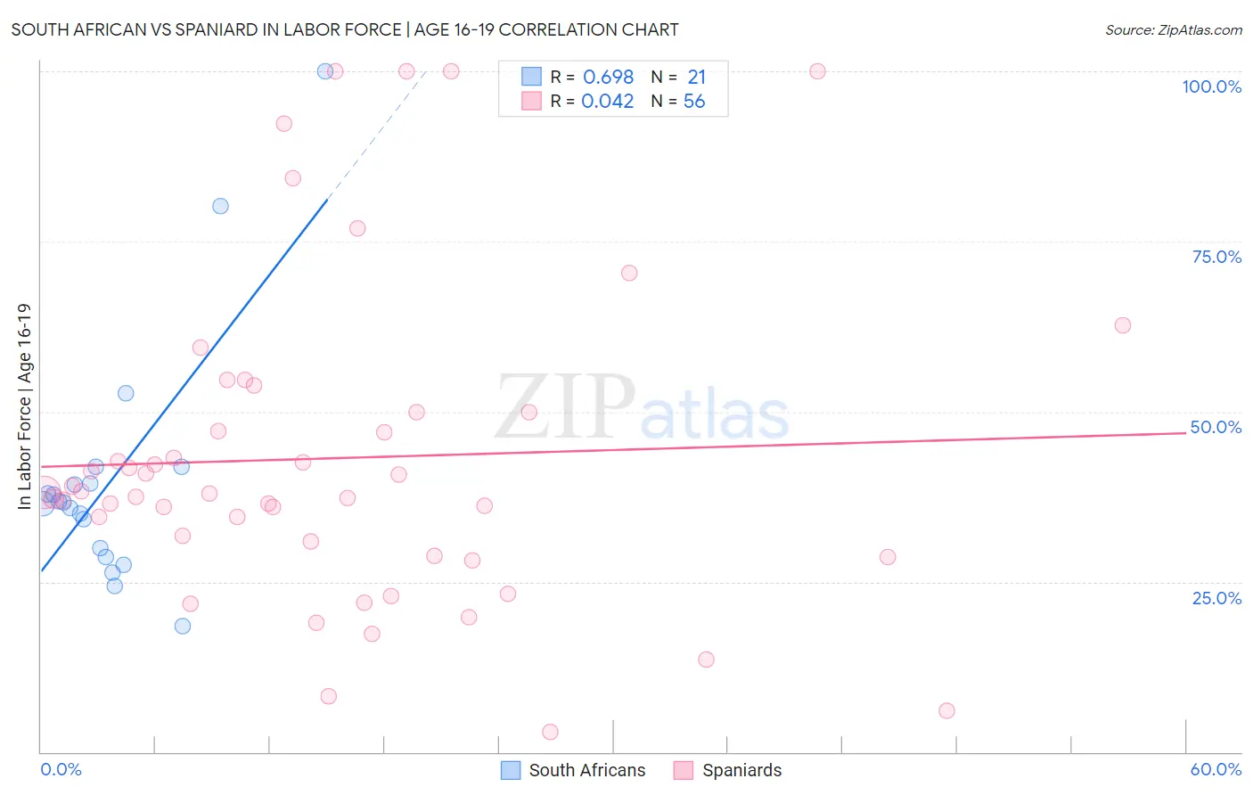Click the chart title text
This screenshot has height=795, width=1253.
pyautogui.click(x=345, y=29)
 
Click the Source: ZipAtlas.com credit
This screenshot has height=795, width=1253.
pyautogui.click(x=1173, y=29)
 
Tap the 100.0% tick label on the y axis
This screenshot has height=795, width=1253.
pyautogui.click(x=1211, y=86)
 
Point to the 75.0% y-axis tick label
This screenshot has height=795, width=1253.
pyautogui.click(x=1216, y=257)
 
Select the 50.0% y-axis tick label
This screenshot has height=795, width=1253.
pyautogui.click(x=1216, y=427)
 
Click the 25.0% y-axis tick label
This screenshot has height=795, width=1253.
pyautogui.click(x=1216, y=598)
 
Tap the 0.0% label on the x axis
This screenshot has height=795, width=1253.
pyautogui.click(x=61, y=769)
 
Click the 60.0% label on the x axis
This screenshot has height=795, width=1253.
pyautogui.click(x=1216, y=769)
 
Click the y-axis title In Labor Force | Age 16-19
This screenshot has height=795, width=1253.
pyautogui.click(x=24, y=406)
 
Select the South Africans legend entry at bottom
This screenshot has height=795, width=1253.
pyautogui.click(x=573, y=770)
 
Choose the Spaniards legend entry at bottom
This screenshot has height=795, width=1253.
pyautogui.click(x=728, y=770)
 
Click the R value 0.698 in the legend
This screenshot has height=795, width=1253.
pyautogui.click(x=608, y=77)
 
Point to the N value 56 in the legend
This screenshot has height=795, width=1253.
pyautogui.click(x=694, y=102)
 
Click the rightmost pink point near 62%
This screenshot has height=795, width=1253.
pyautogui.click(x=1123, y=325)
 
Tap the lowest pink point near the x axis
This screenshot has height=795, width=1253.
pyautogui.click(x=550, y=732)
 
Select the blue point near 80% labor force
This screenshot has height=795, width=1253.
pyautogui.click(x=220, y=206)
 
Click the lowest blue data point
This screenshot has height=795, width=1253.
pyautogui.click(x=183, y=626)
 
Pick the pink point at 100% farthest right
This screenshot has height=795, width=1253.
pyautogui.click(x=817, y=71)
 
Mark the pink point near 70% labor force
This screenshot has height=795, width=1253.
pyautogui.click(x=629, y=273)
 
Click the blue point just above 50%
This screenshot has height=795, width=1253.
pyautogui.click(x=126, y=393)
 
